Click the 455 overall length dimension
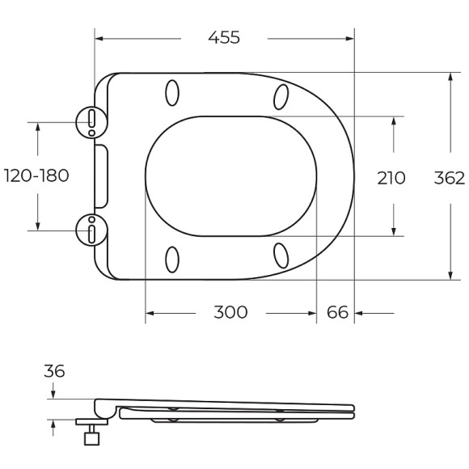224,37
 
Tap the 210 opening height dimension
392,177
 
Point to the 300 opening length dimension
230,312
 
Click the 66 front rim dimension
336,312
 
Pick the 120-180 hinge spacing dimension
36,175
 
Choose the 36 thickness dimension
54,371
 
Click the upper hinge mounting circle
91,122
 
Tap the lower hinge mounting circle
91,230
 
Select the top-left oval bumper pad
172,94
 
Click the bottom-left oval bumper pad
172,259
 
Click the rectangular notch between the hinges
101,175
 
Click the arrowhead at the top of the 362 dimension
449,76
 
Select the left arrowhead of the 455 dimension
99,37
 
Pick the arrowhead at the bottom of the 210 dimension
393,232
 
